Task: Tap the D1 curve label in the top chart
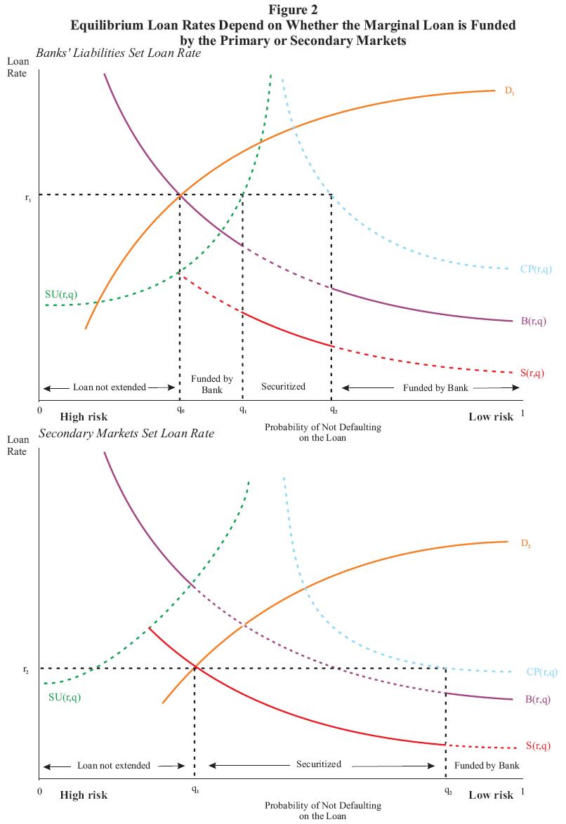tap(510, 91)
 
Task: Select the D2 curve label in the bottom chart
tap(526, 543)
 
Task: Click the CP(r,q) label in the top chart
tap(536, 269)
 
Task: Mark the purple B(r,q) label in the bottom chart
tap(538, 699)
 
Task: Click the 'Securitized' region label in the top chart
tap(283, 387)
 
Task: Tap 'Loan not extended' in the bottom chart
tap(113, 766)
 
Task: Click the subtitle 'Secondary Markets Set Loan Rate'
tap(126, 434)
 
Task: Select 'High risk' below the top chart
tap(84, 417)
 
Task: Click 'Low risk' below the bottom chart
tap(491, 795)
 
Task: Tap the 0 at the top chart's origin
tap(41, 412)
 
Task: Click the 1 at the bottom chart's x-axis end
tap(523, 793)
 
